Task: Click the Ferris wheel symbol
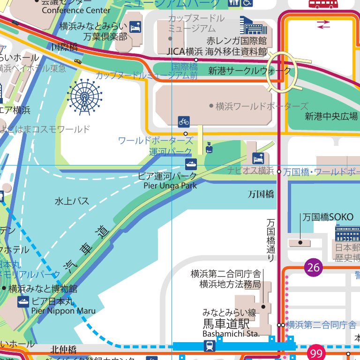pyautogui.click(x=84, y=97)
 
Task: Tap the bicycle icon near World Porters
pyautogui.click(x=184, y=122)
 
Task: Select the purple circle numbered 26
pyautogui.click(x=314, y=268)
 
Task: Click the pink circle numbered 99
pyautogui.click(x=317, y=352)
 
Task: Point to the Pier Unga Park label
pyautogui.click(x=170, y=186)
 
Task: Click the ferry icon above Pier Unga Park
pyautogui.click(x=191, y=165)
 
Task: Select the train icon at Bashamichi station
pyautogui.click(x=210, y=346)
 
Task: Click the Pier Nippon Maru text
pyautogui.click(x=63, y=311)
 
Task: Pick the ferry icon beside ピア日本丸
pyautogui.click(x=23, y=301)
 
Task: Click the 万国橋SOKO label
pyautogui.click(x=328, y=217)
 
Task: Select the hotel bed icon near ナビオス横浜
pyautogui.click(x=258, y=158)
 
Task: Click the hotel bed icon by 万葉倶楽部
pyautogui.click(x=135, y=27)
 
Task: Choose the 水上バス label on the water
pyautogui.click(x=72, y=202)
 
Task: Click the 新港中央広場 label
pyautogui.click(x=331, y=116)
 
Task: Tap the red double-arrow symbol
pyautogui.click(x=323, y=25)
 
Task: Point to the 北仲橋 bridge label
pyautogui.click(x=63, y=349)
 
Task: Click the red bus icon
pyautogui.click(x=323, y=4)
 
